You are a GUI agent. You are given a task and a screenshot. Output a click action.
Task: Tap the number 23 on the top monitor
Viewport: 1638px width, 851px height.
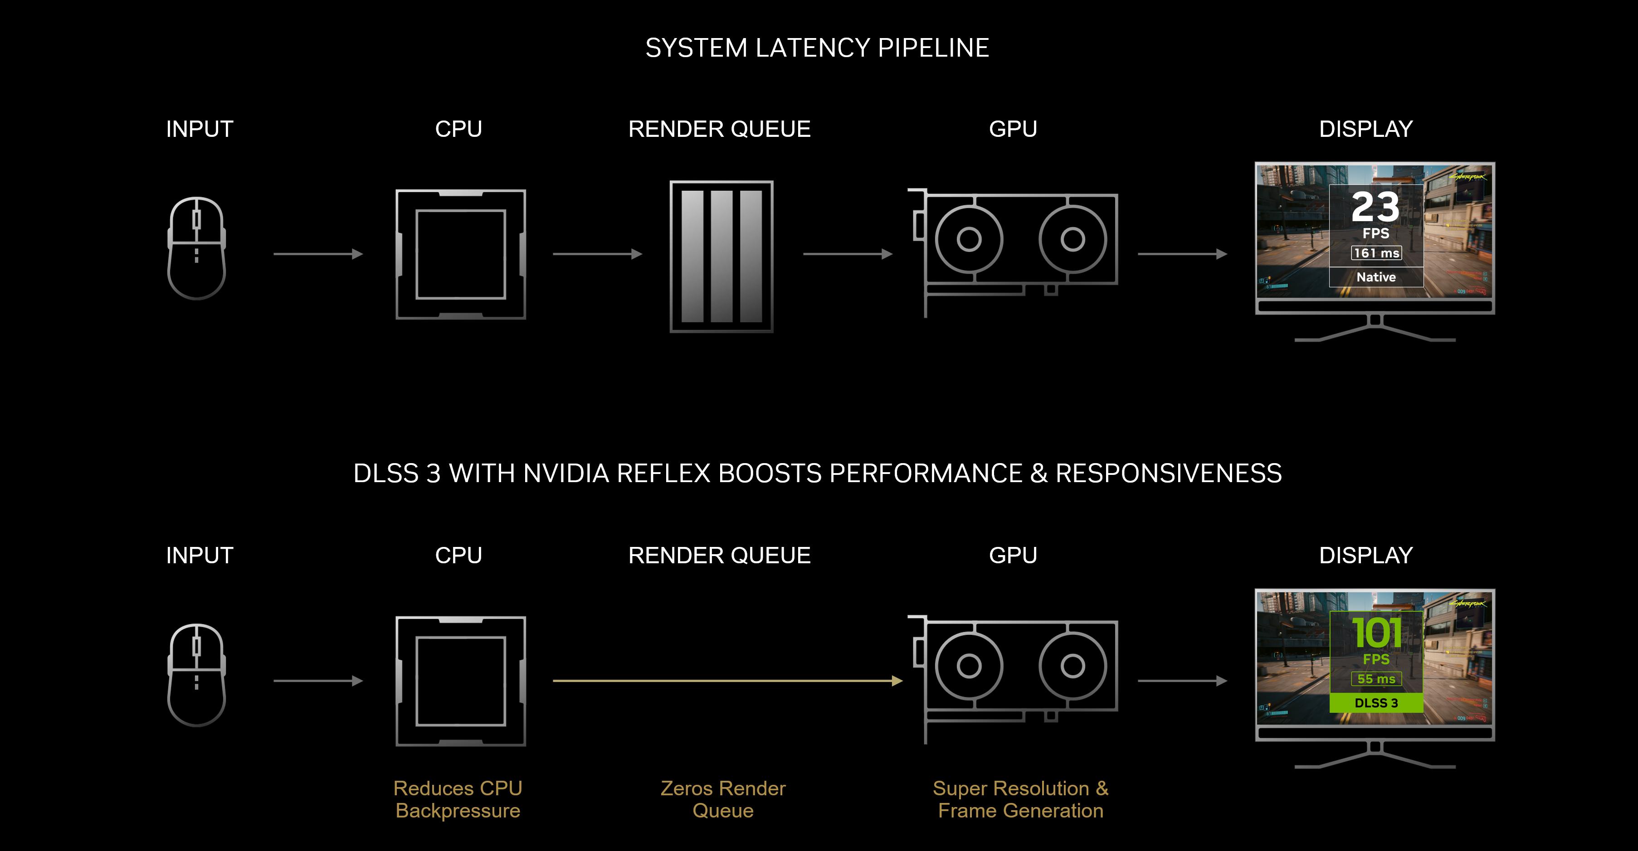(1375, 207)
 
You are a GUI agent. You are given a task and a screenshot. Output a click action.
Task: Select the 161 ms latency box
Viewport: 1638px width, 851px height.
(1376, 253)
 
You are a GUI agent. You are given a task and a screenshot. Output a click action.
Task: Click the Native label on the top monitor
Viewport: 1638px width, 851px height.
(1376, 277)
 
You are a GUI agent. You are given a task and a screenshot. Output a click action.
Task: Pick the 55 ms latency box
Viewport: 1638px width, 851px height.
(1376, 679)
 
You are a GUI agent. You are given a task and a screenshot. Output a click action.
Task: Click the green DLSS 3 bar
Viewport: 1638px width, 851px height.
(1376, 703)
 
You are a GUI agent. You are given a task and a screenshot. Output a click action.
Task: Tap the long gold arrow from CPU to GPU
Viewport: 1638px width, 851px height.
(725, 681)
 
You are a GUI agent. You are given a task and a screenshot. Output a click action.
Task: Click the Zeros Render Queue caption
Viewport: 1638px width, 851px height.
(723, 799)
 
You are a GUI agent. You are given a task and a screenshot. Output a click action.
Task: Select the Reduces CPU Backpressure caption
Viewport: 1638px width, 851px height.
(458, 799)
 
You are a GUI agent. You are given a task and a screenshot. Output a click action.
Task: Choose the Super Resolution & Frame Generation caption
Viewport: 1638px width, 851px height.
(1020, 799)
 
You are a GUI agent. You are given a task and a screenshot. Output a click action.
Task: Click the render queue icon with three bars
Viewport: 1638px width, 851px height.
(721, 256)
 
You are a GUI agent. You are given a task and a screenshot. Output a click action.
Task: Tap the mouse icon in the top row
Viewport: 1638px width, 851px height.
(196, 248)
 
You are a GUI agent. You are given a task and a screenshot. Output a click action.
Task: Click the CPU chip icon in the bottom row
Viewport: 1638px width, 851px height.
(460, 681)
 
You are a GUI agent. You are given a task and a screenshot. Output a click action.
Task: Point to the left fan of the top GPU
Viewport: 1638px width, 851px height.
(969, 240)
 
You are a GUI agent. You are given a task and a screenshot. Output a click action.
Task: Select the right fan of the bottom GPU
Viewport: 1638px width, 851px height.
(1072, 666)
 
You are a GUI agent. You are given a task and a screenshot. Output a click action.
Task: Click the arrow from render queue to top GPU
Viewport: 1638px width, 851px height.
(848, 254)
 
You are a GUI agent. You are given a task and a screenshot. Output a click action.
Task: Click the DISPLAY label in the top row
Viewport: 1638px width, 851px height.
(1366, 129)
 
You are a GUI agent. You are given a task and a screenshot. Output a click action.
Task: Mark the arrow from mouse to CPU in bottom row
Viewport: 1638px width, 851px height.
(318, 681)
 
